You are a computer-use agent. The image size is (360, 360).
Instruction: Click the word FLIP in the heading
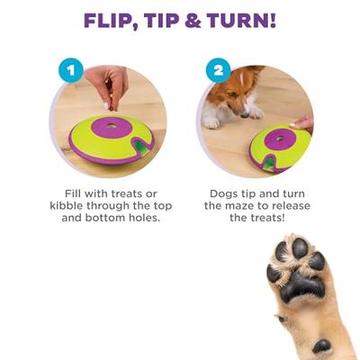(x=115, y=21)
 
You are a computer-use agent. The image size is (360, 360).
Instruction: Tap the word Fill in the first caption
(x=78, y=193)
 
